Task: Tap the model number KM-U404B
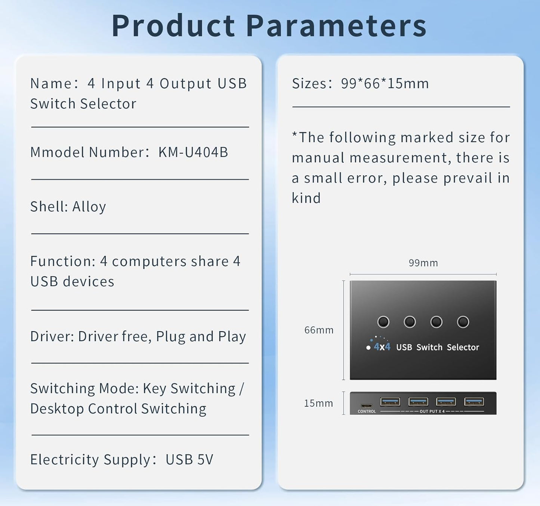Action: click(193, 152)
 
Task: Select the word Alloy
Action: click(89, 207)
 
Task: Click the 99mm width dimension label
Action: click(423, 263)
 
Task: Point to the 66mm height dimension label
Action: click(319, 330)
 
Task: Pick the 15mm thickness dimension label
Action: click(318, 403)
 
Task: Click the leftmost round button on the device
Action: click(383, 322)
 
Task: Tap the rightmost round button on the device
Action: click(463, 322)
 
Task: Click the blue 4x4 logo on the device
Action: click(382, 347)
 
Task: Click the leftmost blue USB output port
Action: click(390, 402)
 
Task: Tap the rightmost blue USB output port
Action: click(474, 402)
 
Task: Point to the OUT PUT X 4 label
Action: click(432, 411)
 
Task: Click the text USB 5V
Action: click(189, 459)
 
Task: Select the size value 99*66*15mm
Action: click(385, 83)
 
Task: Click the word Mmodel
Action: click(58, 152)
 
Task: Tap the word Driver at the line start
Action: click(52, 336)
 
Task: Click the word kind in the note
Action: click(306, 198)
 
